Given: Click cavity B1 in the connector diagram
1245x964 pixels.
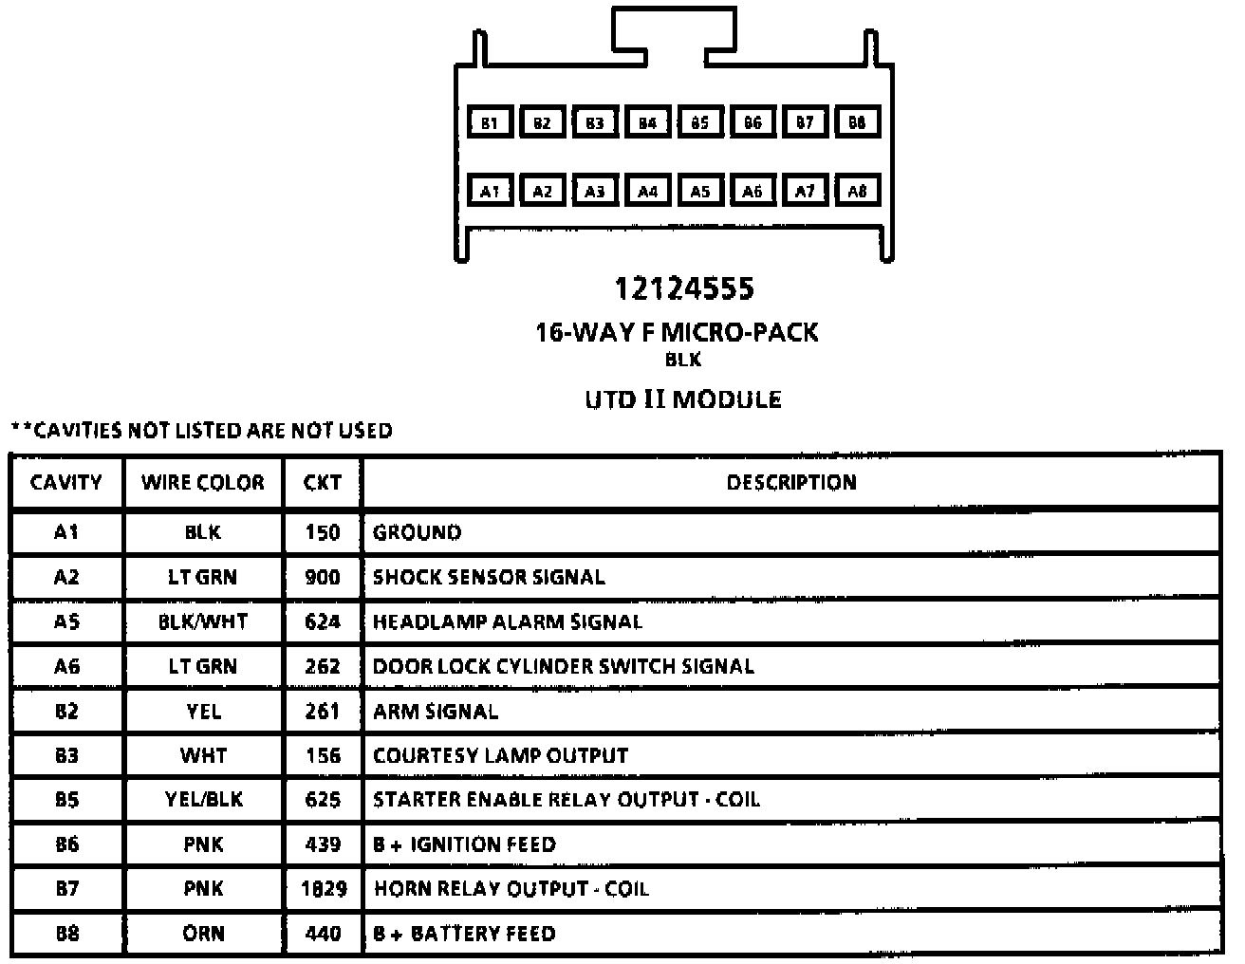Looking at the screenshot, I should click(x=490, y=122).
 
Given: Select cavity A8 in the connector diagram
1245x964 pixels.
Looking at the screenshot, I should click(x=857, y=191).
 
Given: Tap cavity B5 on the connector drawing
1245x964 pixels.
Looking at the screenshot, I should click(x=699, y=122).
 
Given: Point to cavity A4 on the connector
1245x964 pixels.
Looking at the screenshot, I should click(x=647, y=191).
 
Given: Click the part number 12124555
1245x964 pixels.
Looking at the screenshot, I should click(x=683, y=287).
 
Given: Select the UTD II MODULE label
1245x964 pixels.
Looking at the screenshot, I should click(x=682, y=399).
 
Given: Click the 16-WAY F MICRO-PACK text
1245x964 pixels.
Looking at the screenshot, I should click(x=677, y=332).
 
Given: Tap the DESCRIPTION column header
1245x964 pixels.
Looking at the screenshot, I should click(x=790, y=483).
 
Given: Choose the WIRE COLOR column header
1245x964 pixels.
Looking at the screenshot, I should click(x=203, y=483).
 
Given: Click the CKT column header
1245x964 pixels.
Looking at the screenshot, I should click(x=323, y=483).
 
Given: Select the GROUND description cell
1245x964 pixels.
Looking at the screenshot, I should click(x=417, y=532).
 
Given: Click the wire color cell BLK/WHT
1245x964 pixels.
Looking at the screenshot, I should click(x=203, y=621).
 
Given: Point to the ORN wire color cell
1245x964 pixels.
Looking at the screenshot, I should click(x=203, y=934).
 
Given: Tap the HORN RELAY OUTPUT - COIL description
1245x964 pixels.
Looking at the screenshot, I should click(x=511, y=889).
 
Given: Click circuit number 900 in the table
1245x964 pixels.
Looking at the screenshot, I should click(x=323, y=577).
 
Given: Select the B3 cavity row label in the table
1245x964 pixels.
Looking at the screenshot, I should click(x=66, y=755).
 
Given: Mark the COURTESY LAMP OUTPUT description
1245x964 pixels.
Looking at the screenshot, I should click(x=500, y=755).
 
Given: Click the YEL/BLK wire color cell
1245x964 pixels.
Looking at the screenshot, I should click(x=203, y=800).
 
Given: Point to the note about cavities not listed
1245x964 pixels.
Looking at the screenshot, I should click(x=201, y=431).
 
